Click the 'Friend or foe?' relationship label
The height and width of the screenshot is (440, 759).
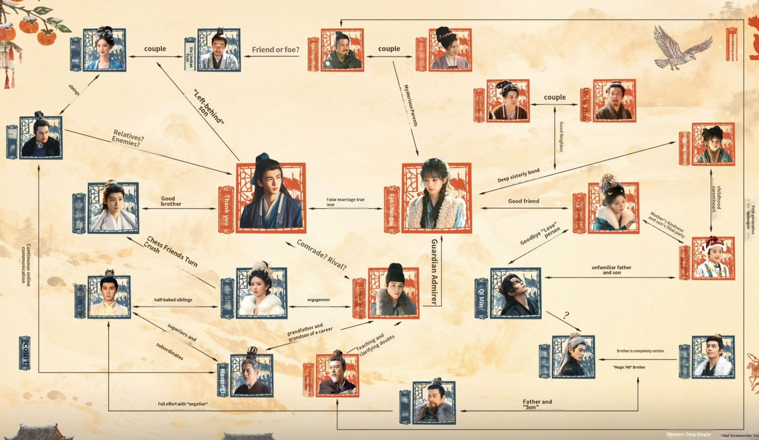pos(276,50)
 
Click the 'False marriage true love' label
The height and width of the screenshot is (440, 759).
pos(346,203)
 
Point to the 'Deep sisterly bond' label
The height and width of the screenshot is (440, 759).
pos(518,176)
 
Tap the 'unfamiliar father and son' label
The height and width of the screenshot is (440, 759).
pos(611,270)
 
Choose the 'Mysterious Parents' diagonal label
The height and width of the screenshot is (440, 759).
pos(411,105)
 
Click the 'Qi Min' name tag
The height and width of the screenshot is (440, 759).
pos(480,292)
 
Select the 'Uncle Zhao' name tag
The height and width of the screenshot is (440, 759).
pos(586,101)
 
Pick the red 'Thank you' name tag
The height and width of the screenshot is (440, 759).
pos(226,209)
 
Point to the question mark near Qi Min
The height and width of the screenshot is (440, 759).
pos(566,315)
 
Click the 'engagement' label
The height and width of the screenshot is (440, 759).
pos(318,300)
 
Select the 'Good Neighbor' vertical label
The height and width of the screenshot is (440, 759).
pos(561,137)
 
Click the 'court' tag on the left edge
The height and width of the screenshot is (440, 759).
pos(24,353)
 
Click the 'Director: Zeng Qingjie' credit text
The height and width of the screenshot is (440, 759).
pos(688,434)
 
